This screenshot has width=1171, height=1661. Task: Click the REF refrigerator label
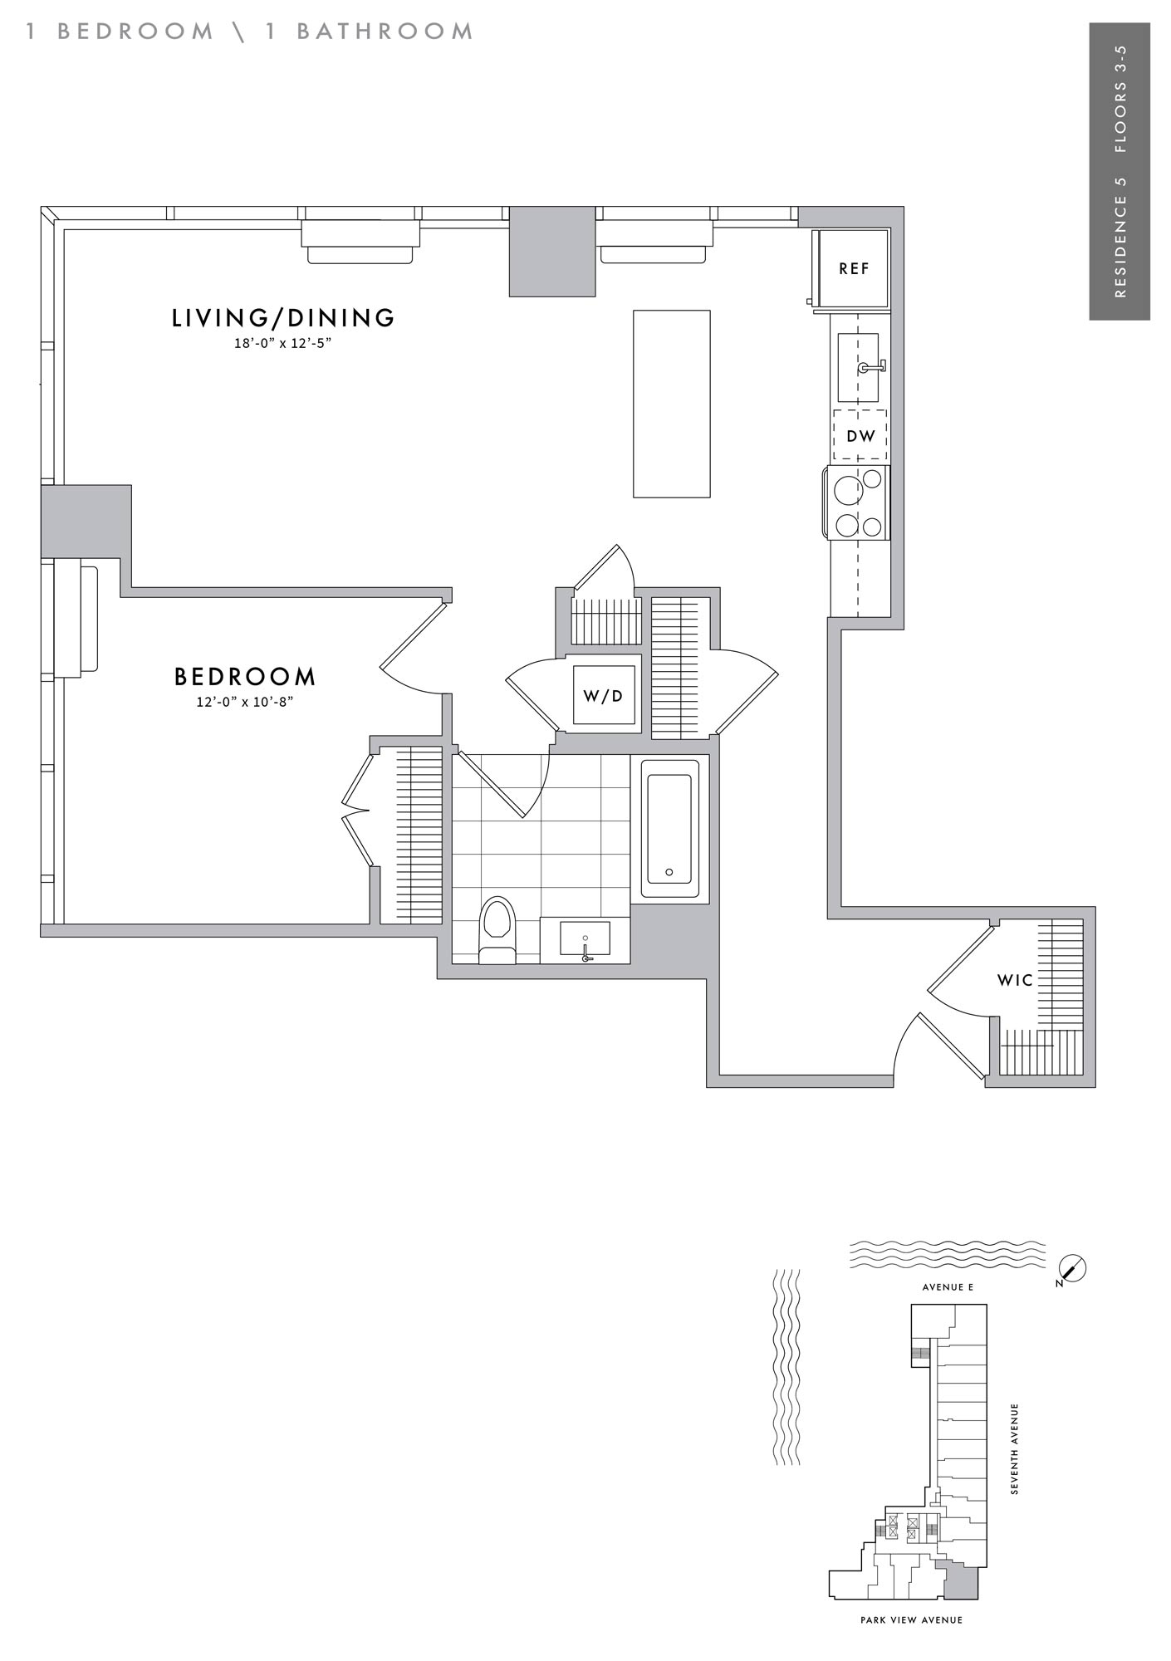click(x=854, y=268)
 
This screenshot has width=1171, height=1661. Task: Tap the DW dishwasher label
click(x=860, y=435)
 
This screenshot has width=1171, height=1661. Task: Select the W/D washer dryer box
click(x=604, y=695)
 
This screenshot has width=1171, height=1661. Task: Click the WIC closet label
click(x=1015, y=980)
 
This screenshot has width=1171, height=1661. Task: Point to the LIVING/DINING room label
click(x=283, y=317)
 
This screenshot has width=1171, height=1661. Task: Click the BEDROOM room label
click(x=245, y=677)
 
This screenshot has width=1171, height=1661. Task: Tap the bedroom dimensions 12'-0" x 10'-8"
click(x=245, y=702)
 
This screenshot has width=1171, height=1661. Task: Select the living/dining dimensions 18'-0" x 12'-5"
click(x=282, y=343)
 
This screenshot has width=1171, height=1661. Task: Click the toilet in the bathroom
click(x=497, y=930)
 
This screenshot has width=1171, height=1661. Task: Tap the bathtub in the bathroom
click(x=669, y=830)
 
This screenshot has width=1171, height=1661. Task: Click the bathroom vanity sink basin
click(x=585, y=939)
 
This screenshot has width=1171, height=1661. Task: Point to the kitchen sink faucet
click(x=874, y=365)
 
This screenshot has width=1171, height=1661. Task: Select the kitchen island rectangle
click(x=672, y=404)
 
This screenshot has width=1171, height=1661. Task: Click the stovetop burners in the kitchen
click(x=858, y=502)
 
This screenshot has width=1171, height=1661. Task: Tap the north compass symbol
click(x=1073, y=1268)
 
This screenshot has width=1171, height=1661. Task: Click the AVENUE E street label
click(x=948, y=1287)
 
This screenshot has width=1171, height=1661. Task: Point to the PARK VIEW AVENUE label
click(x=911, y=1620)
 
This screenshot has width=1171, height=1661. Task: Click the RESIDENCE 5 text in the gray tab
click(x=1120, y=237)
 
